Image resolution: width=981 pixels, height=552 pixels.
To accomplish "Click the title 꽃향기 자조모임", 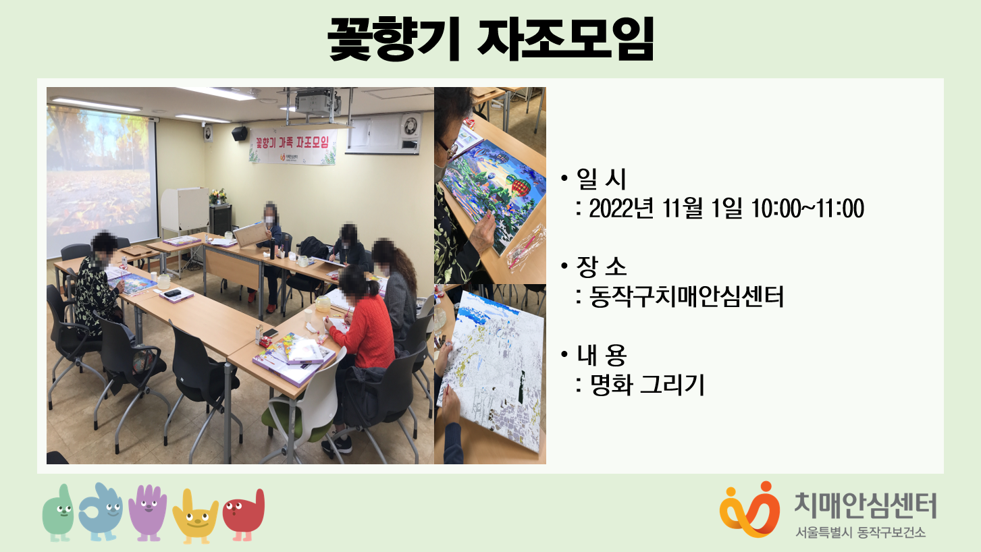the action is click(490, 38).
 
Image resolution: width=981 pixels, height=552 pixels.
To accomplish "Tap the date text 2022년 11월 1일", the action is click(666, 208).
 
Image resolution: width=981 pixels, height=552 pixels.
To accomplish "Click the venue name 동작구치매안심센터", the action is click(686, 296).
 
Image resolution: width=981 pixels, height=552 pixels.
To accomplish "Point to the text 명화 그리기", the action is click(647, 385).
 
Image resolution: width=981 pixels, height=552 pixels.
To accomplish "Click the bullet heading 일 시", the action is click(602, 179).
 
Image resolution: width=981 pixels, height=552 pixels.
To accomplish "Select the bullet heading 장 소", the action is click(602, 267).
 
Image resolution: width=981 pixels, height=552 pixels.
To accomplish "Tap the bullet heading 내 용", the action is click(602, 355).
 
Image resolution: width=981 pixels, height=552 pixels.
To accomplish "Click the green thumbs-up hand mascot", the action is click(59, 513).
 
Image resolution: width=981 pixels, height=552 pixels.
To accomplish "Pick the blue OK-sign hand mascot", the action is click(101, 512).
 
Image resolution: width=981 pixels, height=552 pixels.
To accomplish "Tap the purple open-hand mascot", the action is click(148, 512).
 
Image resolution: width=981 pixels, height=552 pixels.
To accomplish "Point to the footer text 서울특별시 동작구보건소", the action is click(861, 532).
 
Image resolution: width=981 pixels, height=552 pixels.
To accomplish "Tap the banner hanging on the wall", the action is click(293, 146).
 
